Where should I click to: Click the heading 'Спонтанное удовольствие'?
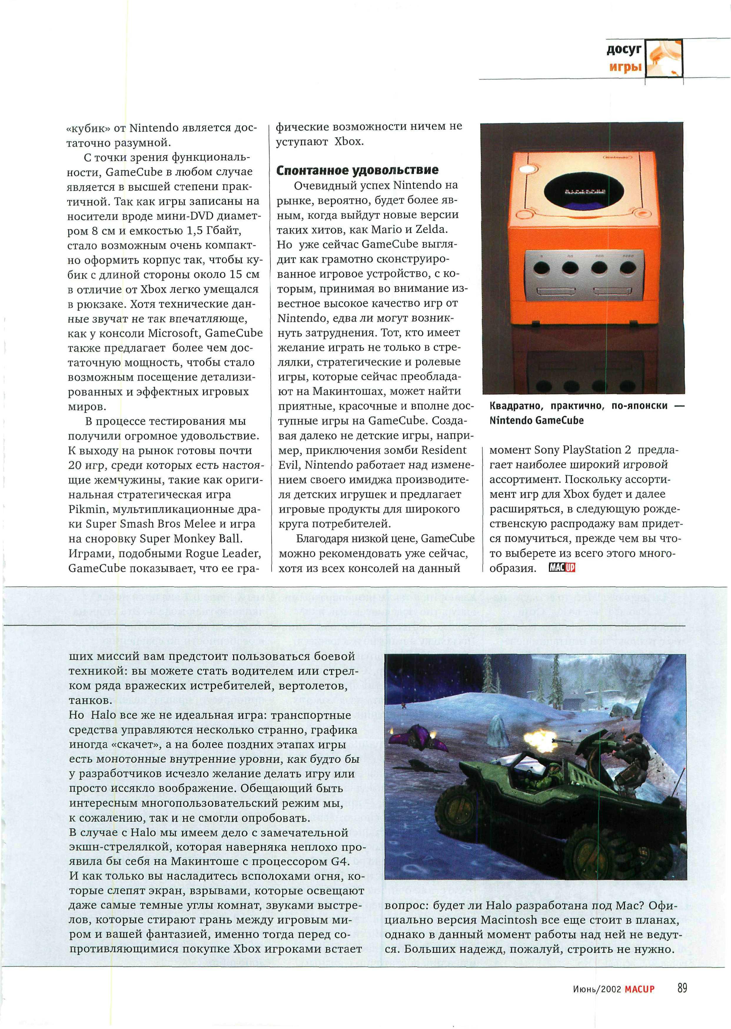coord(357,170)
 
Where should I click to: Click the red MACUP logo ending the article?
coord(562,568)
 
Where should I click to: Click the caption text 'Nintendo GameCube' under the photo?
coord(536,421)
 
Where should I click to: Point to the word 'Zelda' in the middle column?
coord(430,229)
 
